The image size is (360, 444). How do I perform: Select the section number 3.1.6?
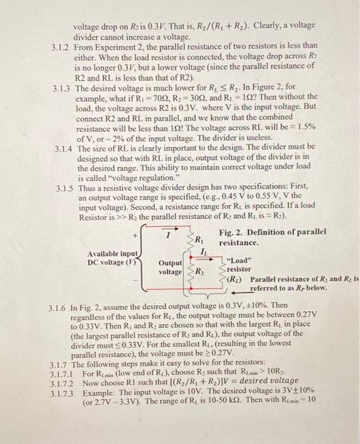click(61, 305)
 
